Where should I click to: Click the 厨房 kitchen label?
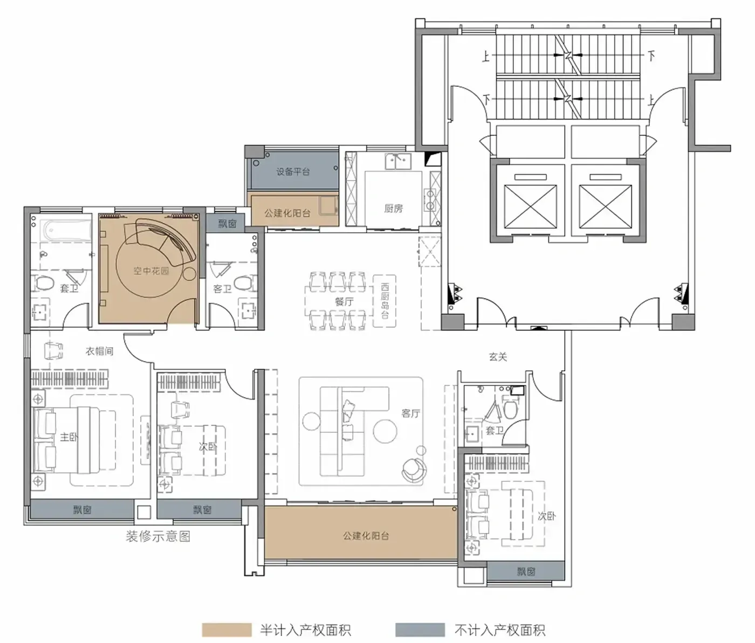tap(393, 209)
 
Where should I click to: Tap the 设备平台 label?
tap(293, 171)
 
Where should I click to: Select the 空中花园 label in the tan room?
tap(151, 271)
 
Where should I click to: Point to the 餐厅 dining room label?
tap(344, 302)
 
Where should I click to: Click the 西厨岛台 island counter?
tap(385, 301)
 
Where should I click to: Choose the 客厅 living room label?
tap(410, 413)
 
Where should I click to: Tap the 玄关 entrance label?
tap(498, 357)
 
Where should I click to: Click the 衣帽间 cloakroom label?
tap(99, 351)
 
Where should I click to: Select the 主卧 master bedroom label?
tap(69, 437)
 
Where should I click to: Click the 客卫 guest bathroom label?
tap(222, 289)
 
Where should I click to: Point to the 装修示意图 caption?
tap(158, 536)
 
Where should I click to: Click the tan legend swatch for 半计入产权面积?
tap(227, 630)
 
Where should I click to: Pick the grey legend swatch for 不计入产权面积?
tap(420, 630)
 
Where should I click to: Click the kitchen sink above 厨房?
tap(398, 161)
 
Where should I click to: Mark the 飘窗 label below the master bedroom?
tap(82, 510)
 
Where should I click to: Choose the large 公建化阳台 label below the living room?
tap(366, 536)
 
